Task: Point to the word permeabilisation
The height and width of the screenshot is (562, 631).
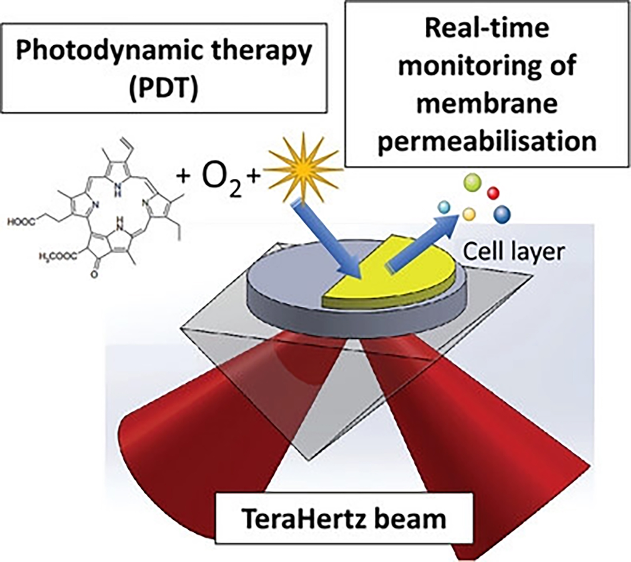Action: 487,141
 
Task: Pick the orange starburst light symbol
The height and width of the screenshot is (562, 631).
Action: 304,168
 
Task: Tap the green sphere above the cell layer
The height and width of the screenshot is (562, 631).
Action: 472,181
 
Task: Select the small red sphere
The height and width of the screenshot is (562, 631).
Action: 493,193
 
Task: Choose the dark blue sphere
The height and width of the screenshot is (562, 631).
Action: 502,214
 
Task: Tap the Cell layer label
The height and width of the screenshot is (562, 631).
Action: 513,252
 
